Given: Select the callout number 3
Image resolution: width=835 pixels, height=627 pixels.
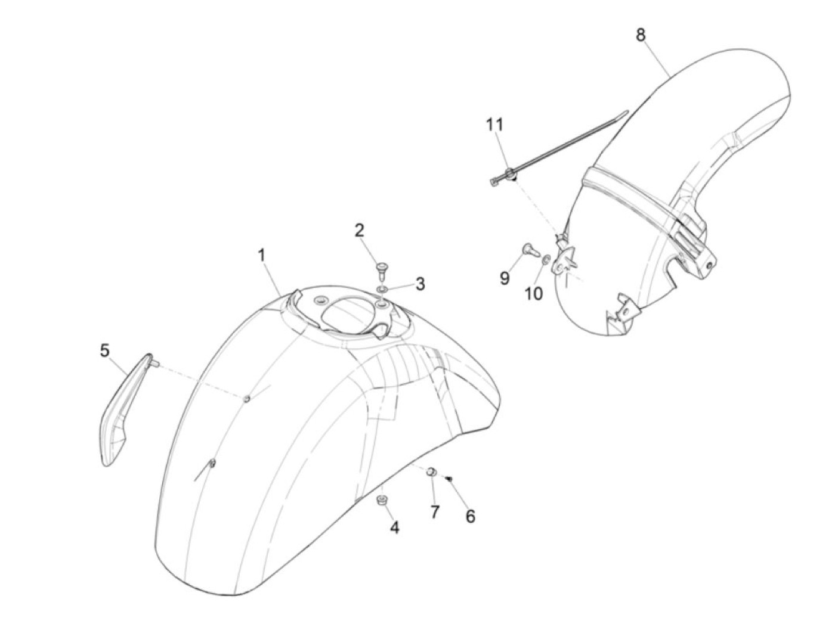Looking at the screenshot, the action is coord(420,284).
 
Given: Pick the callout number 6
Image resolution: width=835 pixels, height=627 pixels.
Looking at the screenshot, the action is coord(471,516).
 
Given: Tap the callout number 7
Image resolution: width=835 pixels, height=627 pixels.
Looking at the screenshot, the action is coord(434,511).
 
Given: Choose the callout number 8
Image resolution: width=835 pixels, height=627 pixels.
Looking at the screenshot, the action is coord(640,35).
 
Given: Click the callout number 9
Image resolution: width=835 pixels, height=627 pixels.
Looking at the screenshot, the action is coord(505,278).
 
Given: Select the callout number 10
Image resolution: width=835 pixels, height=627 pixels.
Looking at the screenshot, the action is coord(534,293).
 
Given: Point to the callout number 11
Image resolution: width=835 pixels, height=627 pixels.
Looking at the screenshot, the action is coord(494,125).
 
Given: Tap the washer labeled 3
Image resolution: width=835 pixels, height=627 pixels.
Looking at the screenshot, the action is coord(382,289).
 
